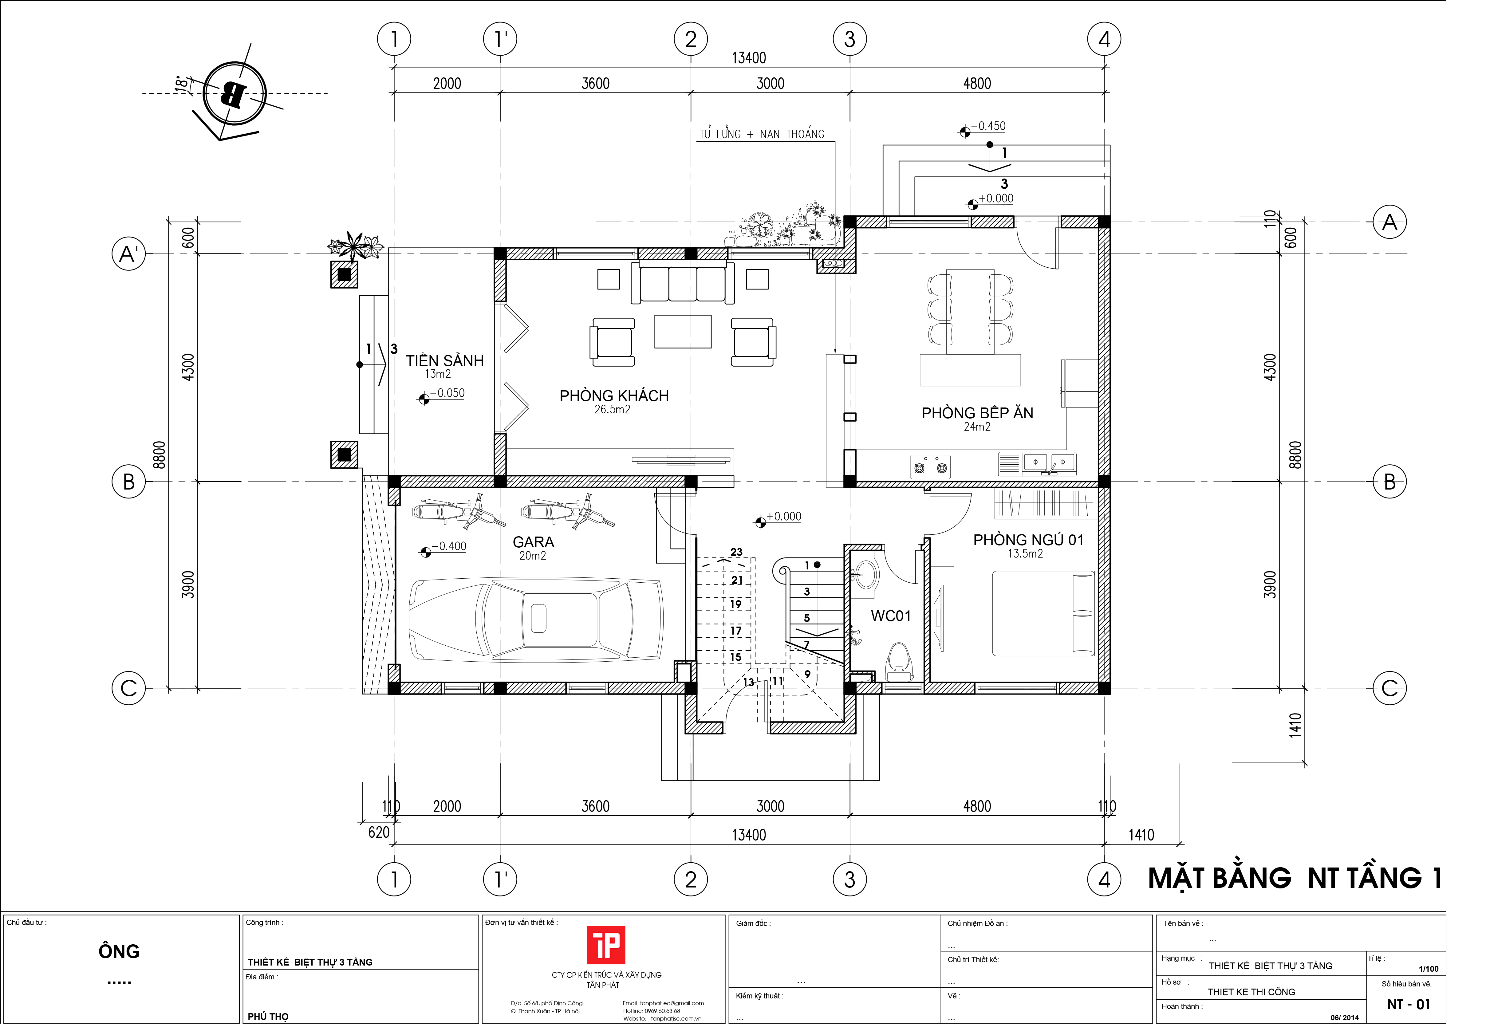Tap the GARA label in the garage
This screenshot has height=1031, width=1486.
[x=533, y=542]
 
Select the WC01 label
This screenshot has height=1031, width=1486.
[x=890, y=616]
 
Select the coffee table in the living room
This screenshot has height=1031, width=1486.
[x=683, y=331]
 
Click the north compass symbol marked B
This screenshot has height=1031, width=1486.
[x=234, y=94]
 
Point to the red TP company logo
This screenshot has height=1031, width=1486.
[x=605, y=945]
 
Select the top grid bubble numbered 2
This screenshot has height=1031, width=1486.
[x=691, y=39]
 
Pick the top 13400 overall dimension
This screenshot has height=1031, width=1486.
[x=749, y=58]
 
